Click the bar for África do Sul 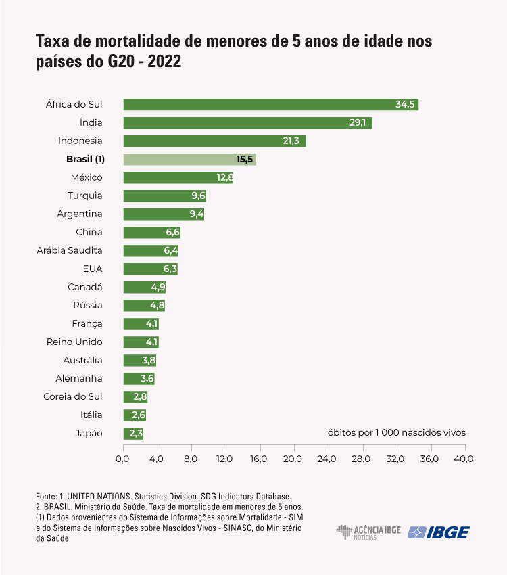click(270, 104)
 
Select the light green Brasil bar click(189, 160)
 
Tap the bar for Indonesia click(214, 141)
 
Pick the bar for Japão click(133, 433)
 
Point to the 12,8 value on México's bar click(225, 177)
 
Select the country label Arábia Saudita click(70, 250)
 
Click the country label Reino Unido click(74, 342)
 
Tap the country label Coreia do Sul click(72, 396)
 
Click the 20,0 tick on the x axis click(293, 459)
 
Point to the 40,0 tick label click(464, 459)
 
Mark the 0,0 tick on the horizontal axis click(122, 459)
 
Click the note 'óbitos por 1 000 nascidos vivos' click(397, 432)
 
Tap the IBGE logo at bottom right click(439, 532)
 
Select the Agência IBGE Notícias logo click(368, 532)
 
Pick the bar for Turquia click(164, 195)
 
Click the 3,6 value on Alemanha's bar click(147, 378)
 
